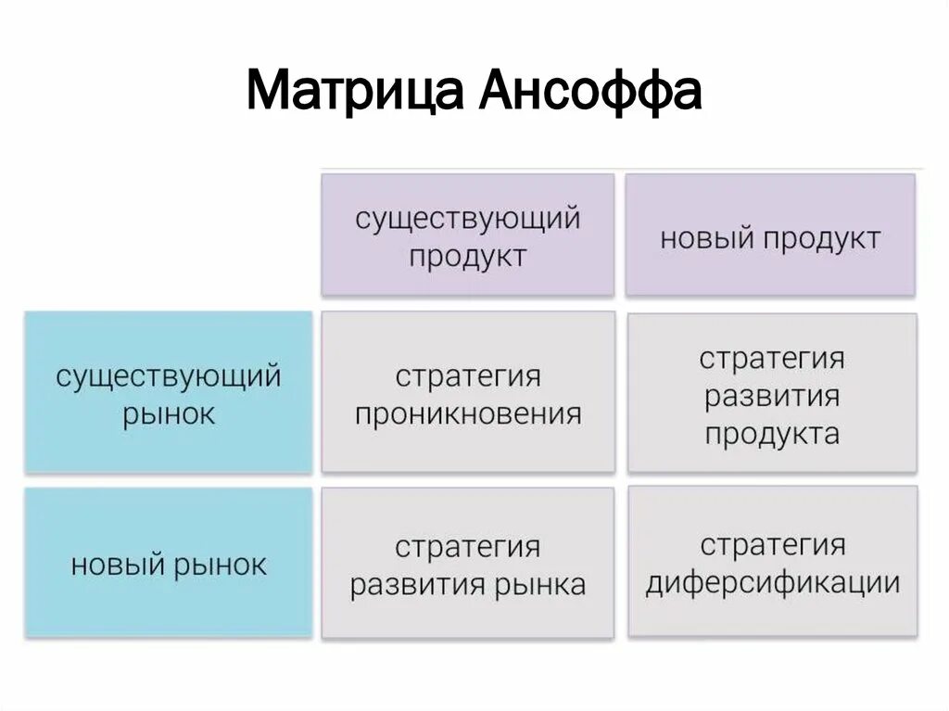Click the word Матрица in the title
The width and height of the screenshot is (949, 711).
click(x=356, y=91)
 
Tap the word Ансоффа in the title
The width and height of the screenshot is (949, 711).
click(x=590, y=91)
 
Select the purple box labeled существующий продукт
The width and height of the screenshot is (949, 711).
click(x=467, y=235)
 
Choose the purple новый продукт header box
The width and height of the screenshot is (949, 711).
click(x=770, y=235)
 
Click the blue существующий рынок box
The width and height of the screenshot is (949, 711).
click(x=168, y=392)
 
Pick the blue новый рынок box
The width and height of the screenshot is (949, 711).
click(x=168, y=563)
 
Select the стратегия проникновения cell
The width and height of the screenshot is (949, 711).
click(x=467, y=392)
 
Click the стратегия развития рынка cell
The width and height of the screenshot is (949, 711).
click(x=467, y=564)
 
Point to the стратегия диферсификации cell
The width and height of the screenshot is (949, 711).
click(x=772, y=562)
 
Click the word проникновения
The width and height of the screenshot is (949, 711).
click(x=467, y=413)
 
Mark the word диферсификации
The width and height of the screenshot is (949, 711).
click(x=772, y=583)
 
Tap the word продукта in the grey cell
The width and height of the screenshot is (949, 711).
click(x=772, y=434)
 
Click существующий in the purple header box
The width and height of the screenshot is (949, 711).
click(x=467, y=220)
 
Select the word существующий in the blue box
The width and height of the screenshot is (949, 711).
click(x=168, y=376)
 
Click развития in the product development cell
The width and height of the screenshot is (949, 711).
click(x=772, y=397)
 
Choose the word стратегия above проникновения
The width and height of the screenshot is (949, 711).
click(x=467, y=376)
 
